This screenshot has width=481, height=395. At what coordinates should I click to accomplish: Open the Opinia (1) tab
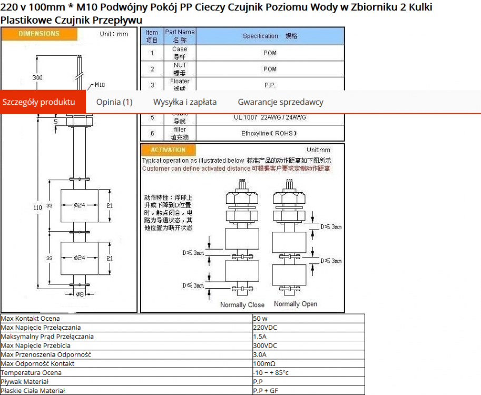click(114, 102)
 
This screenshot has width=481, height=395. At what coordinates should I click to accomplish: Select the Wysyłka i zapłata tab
click(185, 102)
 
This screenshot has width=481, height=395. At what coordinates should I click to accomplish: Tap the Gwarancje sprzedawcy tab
click(280, 102)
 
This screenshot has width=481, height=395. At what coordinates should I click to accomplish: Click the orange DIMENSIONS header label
click(40, 34)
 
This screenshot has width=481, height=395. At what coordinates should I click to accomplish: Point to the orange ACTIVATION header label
click(168, 150)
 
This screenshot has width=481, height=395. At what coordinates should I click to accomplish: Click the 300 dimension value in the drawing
click(37, 77)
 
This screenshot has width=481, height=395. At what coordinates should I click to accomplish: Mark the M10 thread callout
click(100, 84)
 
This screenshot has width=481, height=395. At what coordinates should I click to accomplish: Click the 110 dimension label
click(37, 208)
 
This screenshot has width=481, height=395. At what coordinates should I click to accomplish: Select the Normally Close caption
click(242, 304)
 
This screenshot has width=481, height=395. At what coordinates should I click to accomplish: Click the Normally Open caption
click(296, 304)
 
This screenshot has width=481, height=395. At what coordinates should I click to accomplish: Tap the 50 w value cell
click(260, 319)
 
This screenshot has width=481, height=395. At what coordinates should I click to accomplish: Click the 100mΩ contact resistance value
click(264, 363)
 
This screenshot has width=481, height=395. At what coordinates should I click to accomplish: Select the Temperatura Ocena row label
click(31, 372)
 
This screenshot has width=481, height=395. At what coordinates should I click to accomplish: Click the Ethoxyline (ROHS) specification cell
click(269, 133)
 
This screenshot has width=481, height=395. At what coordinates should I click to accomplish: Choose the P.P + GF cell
click(266, 391)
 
